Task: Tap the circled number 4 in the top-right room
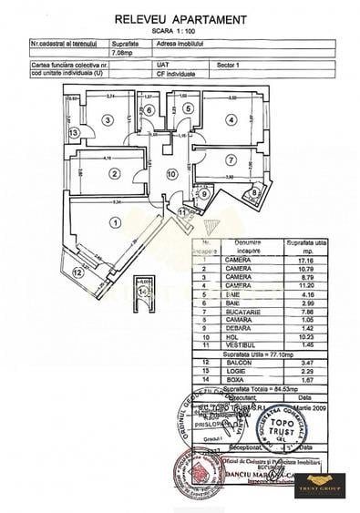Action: [232, 118]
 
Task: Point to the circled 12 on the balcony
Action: [77, 272]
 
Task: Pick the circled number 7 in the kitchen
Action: [232, 160]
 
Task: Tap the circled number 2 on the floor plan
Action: [114, 173]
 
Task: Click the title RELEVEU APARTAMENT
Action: [180, 19]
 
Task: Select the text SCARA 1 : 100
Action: [180, 32]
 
